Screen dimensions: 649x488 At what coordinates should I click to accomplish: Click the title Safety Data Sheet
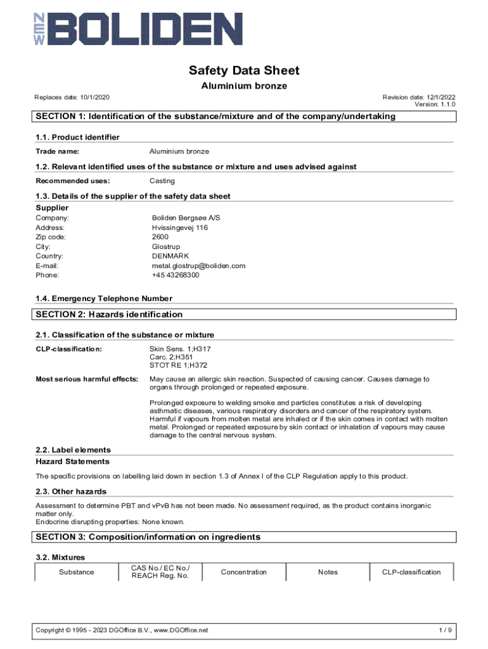244,70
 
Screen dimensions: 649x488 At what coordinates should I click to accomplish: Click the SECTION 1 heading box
244,117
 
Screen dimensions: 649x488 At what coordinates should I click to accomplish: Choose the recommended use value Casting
162,181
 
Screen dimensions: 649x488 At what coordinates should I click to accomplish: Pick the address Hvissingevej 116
180,228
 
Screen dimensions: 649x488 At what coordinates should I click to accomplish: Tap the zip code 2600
160,237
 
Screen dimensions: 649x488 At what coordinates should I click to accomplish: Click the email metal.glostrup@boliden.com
198,266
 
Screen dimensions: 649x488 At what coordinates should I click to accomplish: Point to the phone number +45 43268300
176,275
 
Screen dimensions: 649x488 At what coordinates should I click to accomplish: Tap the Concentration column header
244,572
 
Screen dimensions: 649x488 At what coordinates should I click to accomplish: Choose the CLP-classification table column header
411,572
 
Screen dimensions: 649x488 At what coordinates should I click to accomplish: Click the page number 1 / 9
446,630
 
